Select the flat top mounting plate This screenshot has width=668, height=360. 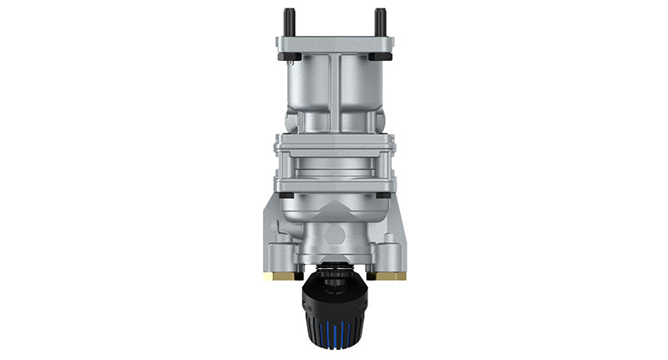pos(334,43)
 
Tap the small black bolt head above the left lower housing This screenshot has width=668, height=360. pos(286,195)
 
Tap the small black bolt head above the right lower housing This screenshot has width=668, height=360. pos(382,195)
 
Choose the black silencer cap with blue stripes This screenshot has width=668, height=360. pos(334,317)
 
